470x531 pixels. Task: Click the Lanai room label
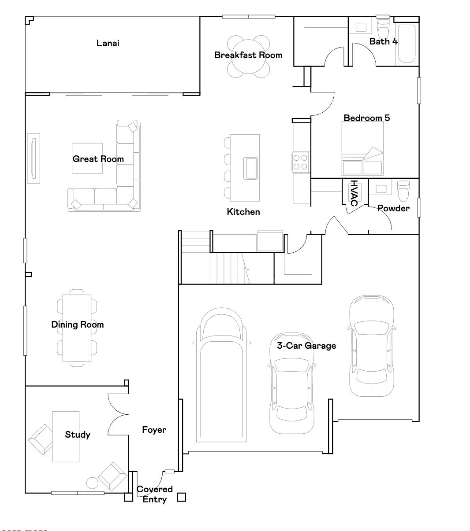pos(108,43)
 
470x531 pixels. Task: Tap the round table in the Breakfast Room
pos(248,56)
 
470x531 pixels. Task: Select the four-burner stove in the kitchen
pos(301,162)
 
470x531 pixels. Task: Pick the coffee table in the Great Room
pos(88,158)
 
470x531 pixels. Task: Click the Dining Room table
pos(77,328)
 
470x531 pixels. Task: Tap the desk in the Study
pos(66,436)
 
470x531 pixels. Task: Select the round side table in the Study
pos(92,483)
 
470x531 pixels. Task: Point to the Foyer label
pos(154,430)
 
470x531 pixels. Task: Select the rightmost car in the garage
pos(371,346)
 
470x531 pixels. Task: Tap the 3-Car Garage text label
pos(306,346)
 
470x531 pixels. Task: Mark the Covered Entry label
pos(154,494)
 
